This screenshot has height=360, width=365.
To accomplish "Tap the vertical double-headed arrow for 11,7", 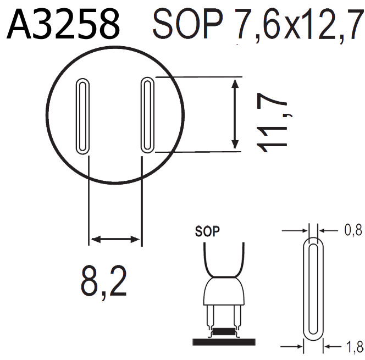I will (235, 114).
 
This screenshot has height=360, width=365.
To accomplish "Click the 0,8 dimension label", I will (352, 231).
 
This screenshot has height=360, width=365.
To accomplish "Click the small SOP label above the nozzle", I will (208, 231).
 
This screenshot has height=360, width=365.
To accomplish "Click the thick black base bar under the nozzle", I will (222, 342).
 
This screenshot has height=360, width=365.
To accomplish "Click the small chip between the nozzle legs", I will (222, 331).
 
